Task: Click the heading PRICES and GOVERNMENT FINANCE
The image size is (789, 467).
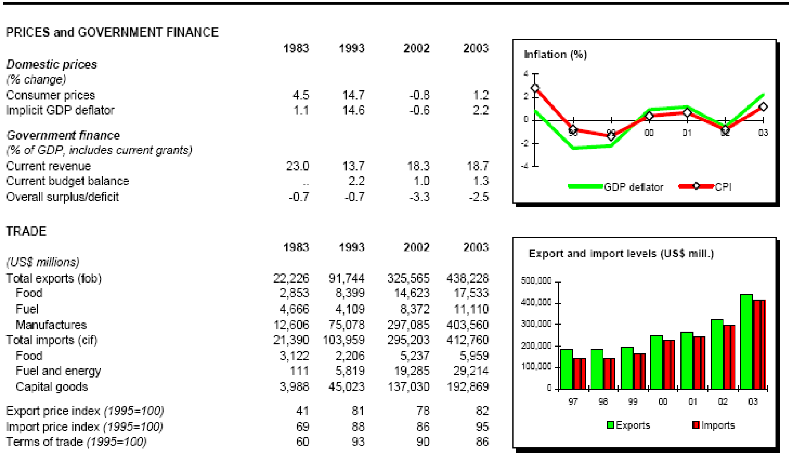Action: pyautogui.click(x=112, y=32)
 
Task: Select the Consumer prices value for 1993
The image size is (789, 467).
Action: pyautogui.click(x=353, y=95)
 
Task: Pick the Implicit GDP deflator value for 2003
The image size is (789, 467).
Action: pyautogui.click(x=480, y=110)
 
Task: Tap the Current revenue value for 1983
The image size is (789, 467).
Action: pyautogui.click(x=297, y=166)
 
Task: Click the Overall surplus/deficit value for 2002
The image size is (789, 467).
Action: pyautogui.click(x=419, y=197)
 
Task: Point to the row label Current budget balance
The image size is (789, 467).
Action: pyautogui.click(x=67, y=181)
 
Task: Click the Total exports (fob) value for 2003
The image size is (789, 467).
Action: pyautogui.click(x=467, y=278)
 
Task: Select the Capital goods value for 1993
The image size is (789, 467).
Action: pyautogui.click(x=346, y=387)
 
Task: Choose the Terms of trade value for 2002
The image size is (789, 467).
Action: pyautogui.click(x=423, y=442)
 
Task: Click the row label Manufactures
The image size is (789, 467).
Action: pyautogui.click(x=51, y=325)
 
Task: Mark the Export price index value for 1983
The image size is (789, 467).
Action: pyautogui.click(x=302, y=411)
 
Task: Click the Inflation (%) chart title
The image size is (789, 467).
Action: pyautogui.click(x=555, y=54)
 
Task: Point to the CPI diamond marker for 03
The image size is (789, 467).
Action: pyautogui.click(x=763, y=107)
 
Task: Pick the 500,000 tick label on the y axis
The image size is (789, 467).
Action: pyautogui.click(x=536, y=281)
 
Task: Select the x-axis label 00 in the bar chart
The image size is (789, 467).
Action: pyautogui.click(x=663, y=402)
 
